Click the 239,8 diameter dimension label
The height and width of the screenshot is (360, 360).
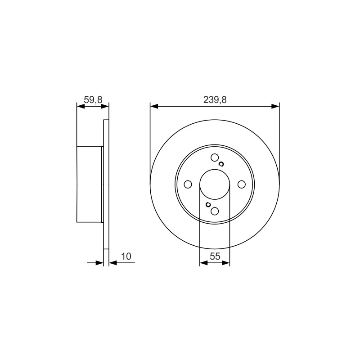tap(215, 100)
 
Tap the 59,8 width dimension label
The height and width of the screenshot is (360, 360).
tap(93, 100)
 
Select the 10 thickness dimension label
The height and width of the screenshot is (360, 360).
tap(126, 256)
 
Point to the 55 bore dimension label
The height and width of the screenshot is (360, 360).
tap(215, 256)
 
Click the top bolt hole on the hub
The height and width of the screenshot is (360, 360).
tap(215, 158)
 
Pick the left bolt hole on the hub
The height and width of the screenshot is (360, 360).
tap(188, 184)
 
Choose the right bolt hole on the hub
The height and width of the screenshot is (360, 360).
tap(242, 184)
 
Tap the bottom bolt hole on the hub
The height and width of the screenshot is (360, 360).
tap(215, 211)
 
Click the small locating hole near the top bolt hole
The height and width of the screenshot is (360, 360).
tap(221, 164)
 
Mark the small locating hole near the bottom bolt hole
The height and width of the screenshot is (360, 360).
tap(208, 204)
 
